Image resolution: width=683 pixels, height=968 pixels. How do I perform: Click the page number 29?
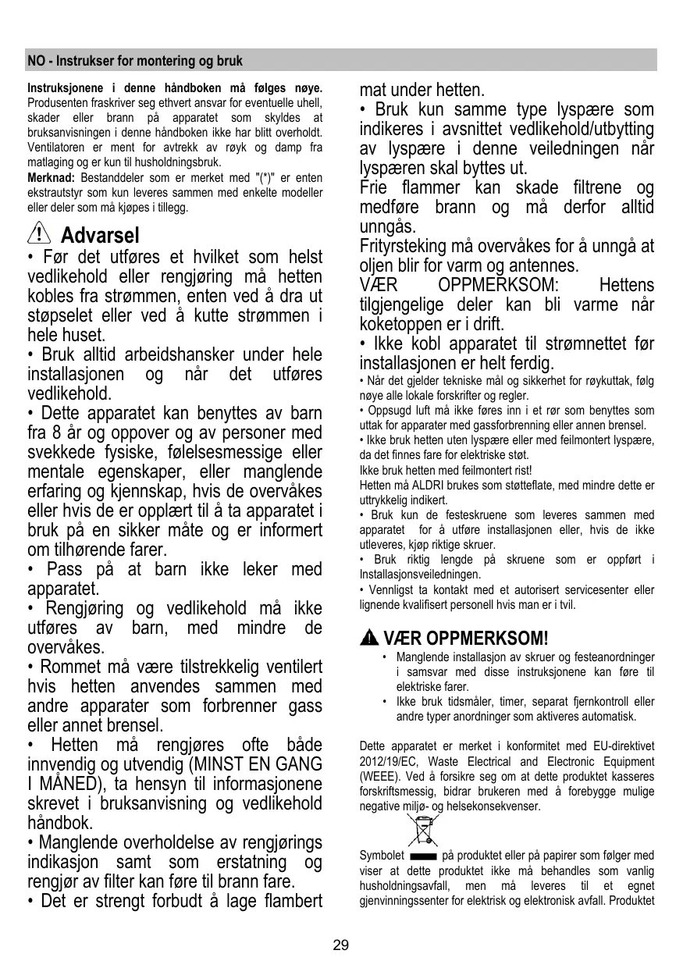click(340, 945)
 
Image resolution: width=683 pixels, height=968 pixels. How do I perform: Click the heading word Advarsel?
click(100, 235)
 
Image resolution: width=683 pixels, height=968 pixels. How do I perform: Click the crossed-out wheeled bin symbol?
click(422, 831)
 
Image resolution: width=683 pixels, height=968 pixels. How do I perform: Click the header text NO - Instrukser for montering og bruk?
click(135, 61)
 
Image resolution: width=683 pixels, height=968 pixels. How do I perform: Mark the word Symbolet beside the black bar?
click(382, 856)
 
